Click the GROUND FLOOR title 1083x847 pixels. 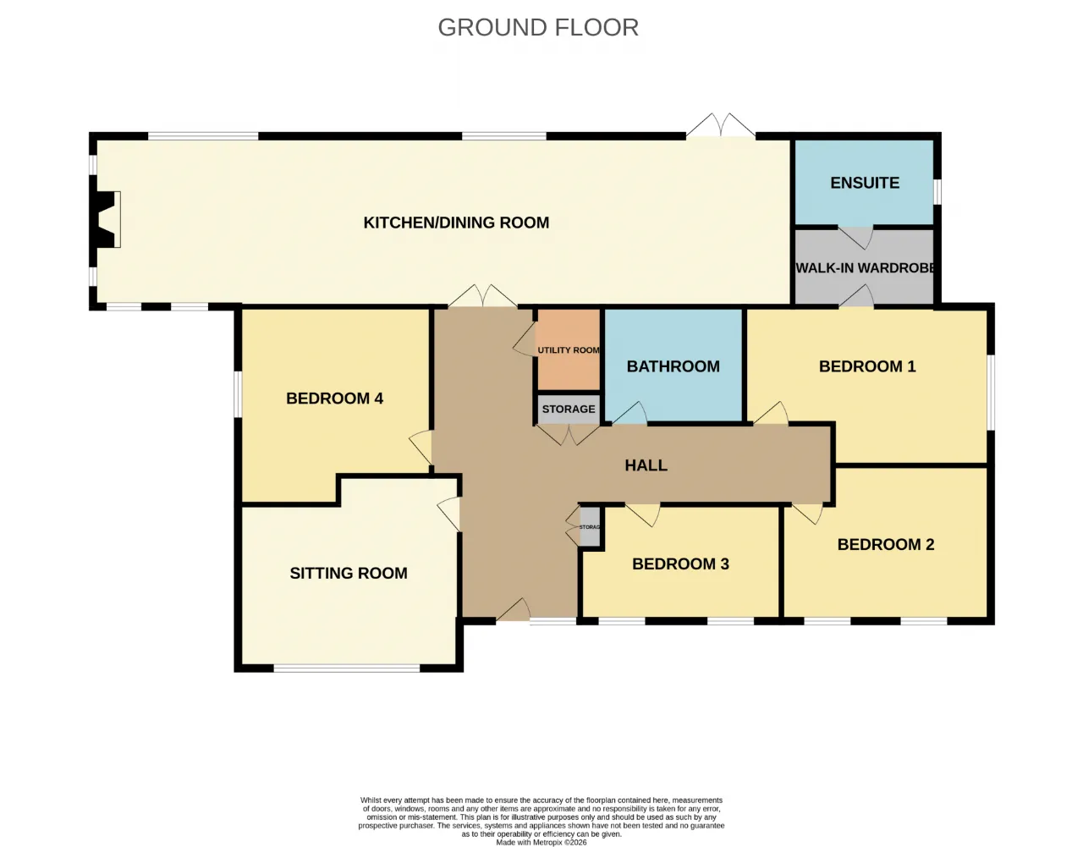[x=538, y=27]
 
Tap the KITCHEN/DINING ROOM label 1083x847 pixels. [x=456, y=223]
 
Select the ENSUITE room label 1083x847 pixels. [x=865, y=183]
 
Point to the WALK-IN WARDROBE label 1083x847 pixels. [x=865, y=268]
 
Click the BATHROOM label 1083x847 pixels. [x=673, y=366]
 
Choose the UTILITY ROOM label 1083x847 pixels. [x=569, y=350]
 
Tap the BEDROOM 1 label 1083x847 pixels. [x=867, y=366]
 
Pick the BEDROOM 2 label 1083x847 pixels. [x=886, y=545]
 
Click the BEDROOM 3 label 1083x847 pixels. [x=680, y=564]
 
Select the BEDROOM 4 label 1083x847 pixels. [x=334, y=399]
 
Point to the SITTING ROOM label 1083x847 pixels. [x=349, y=574]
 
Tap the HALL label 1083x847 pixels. [x=646, y=465]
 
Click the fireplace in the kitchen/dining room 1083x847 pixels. [x=106, y=219]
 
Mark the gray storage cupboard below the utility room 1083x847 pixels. [x=569, y=409]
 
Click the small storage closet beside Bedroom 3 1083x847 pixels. [x=590, y=526]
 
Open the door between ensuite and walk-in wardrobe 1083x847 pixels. [x=855, y=236]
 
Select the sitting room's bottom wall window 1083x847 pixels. [x=347, y=668]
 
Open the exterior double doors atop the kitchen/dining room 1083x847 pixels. [x=721, y=126]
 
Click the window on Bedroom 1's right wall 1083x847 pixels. [x=992, y=392]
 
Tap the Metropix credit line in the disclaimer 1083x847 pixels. [x=541, y=843]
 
